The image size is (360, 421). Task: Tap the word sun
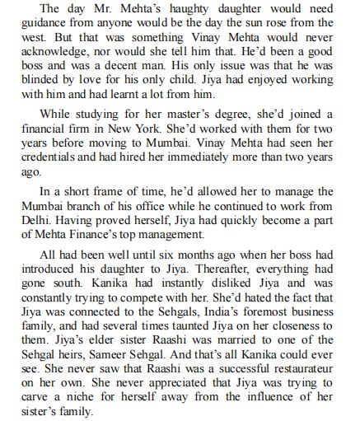pyautogui.click(x=263, y=24)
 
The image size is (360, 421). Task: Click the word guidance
pyautogui.click(x=38, y=24)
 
